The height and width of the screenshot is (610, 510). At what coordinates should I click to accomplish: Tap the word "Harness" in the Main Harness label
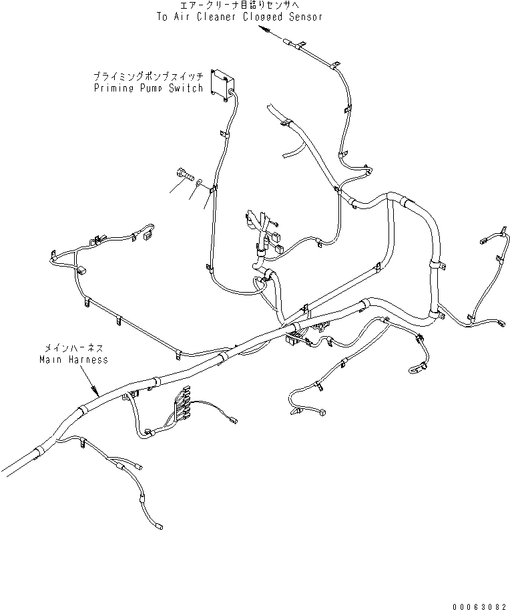coord(87,359)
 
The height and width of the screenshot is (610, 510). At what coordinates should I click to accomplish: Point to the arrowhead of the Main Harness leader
coord(95,392)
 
